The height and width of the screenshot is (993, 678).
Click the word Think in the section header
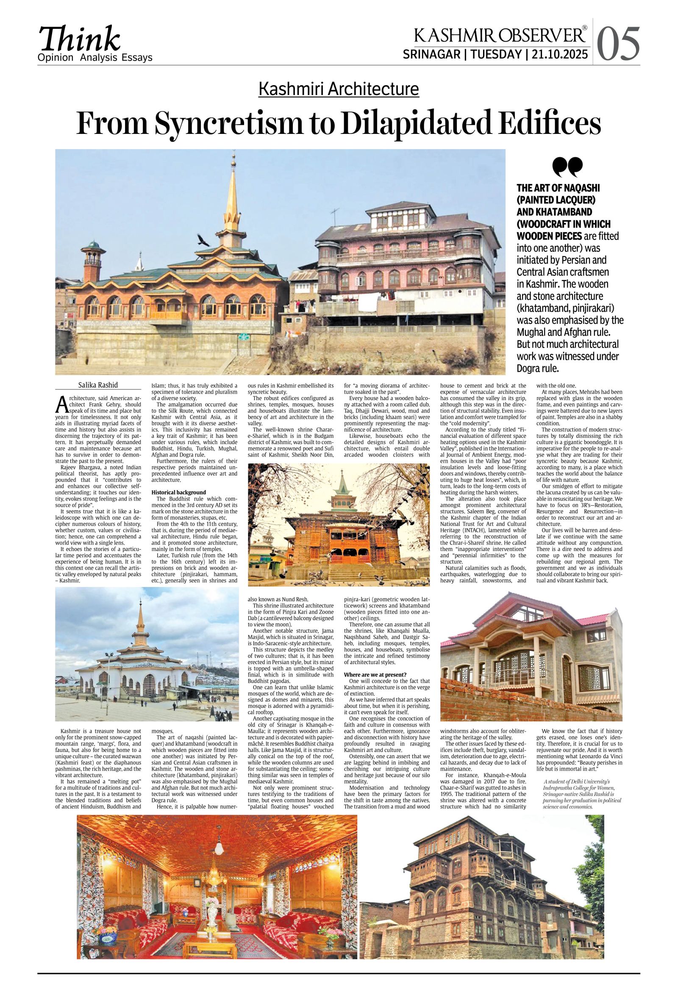pos(80,39)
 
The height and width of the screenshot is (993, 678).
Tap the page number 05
pos(618,44)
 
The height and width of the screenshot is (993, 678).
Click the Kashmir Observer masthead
pos(500,35)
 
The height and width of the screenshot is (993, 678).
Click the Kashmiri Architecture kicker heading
pos(338,89)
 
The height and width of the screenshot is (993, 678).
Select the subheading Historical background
pos(178,492)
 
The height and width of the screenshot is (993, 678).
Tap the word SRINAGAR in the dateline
pos(431,55)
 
